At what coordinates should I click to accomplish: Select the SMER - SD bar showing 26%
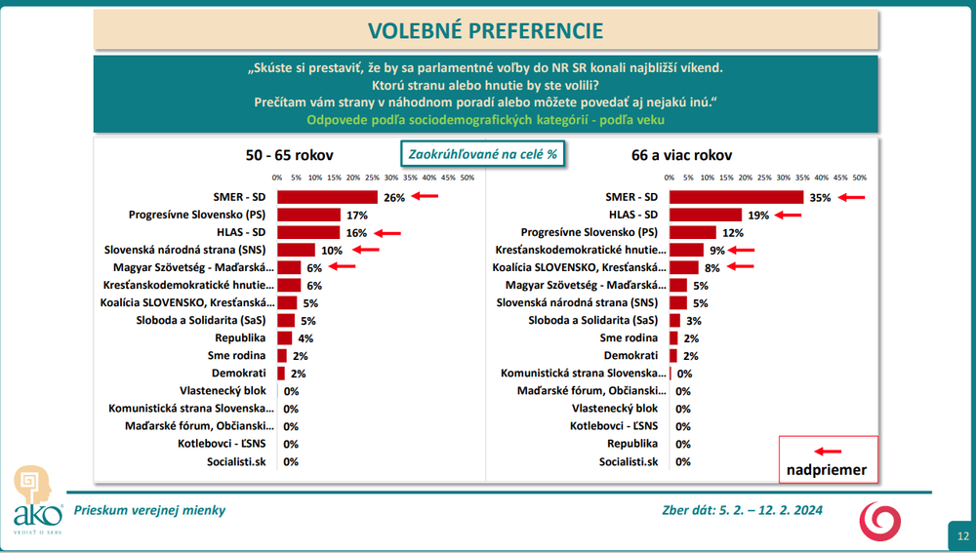pos(327,197)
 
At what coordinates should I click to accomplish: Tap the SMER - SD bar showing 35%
pos(736,197)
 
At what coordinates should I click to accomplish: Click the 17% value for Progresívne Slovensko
pos(355,215)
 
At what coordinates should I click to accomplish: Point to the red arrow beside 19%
pos(787,215)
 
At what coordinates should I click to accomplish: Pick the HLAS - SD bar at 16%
pos(307,232)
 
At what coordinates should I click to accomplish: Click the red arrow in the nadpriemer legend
pos(828,451)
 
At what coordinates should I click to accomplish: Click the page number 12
pos(962,535)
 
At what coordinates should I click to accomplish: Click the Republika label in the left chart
pos(250,337)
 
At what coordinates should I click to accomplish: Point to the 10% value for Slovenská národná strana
pos(332,250)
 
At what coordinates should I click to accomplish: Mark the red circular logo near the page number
pos(880,522)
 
